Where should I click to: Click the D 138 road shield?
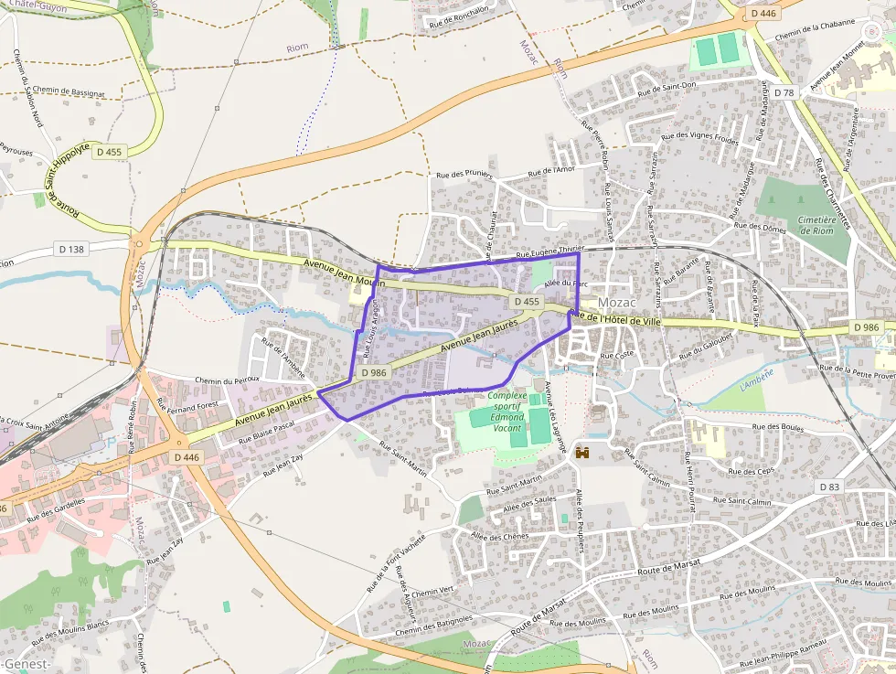70,249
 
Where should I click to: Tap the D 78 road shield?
784,92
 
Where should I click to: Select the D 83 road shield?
828,487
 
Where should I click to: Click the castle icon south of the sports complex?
580,452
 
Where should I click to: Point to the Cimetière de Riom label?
816,225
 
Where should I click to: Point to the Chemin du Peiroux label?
228,379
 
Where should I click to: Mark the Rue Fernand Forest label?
187,403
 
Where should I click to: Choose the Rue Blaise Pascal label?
266,431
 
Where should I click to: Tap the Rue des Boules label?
777,426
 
